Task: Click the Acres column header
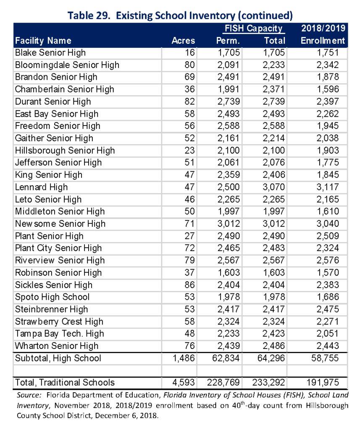tap(183, 41)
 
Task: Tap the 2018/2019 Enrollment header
tap(323, 34)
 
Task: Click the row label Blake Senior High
tap(50, 52)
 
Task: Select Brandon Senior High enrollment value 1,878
tap(326, 77)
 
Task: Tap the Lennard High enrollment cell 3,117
tap(326, 187)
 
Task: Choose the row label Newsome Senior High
tap(60, 224)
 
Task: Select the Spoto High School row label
tap(52, 297)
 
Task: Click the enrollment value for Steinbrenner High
tap(326, 309)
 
